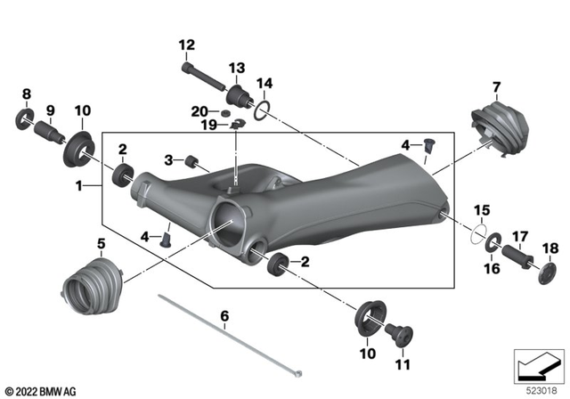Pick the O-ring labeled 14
[260, 111]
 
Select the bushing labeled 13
[236, 95]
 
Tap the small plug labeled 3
[190, 161]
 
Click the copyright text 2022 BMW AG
[43, 391]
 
